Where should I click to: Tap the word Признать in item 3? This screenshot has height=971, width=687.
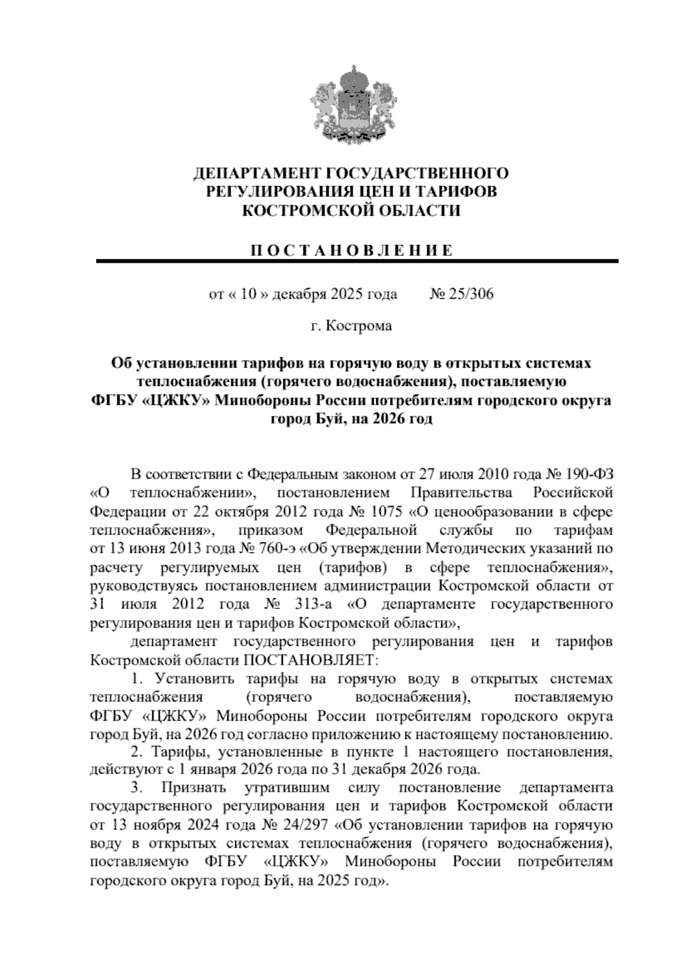pos(190,788)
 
